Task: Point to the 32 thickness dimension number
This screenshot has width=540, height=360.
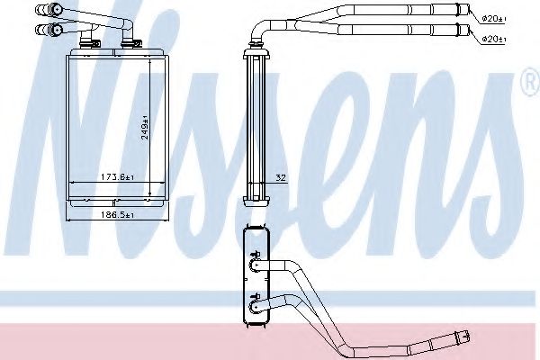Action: tap(281, 177)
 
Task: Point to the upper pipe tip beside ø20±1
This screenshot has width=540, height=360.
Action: tap(469, 12)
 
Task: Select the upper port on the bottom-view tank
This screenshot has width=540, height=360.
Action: tap(254, 265)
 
